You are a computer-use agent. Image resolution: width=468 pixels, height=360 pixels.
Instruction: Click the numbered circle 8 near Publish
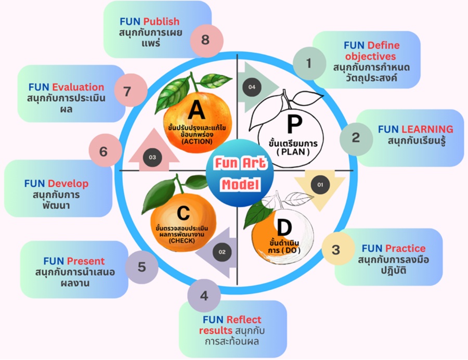point(205,40)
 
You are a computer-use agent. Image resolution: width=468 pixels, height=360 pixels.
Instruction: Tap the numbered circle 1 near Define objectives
point(309,63)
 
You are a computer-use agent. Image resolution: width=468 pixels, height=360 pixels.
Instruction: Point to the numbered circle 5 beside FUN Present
point(141,268)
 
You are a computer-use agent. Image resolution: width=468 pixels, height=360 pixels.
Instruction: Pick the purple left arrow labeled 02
point(221,252)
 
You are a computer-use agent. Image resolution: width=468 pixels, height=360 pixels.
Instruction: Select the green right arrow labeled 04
point(253,87)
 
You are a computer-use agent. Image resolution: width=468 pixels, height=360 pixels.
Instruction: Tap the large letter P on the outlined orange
point(294,124)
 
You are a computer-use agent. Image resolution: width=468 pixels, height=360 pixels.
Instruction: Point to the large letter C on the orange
point(183,214)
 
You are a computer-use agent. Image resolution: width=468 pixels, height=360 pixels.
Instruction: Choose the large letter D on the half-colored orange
point(283,227)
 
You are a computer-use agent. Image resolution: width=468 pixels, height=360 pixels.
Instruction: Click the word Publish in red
point(161,21)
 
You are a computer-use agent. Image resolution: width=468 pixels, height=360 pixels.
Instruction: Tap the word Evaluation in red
point(78,87)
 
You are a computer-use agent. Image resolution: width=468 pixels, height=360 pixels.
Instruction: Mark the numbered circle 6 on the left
point(103,151)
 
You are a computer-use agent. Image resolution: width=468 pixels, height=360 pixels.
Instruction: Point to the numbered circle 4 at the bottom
point(204,296)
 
